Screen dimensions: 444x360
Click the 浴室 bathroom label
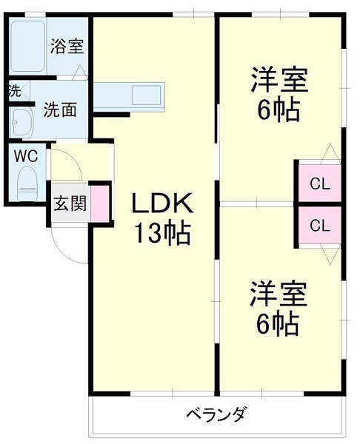pos(67,47)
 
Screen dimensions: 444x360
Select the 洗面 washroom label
pos(60,111)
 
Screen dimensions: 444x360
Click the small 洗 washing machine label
pos(14,92)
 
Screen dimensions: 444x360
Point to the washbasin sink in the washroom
pos(20,121)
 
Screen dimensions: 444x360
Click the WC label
pos(26,156)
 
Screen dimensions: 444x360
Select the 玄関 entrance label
pos(70,203)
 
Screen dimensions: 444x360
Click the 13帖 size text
pos(162,234)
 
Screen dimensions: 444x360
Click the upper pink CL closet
pos(319,182)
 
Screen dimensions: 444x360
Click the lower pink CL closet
pos(319,226)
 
